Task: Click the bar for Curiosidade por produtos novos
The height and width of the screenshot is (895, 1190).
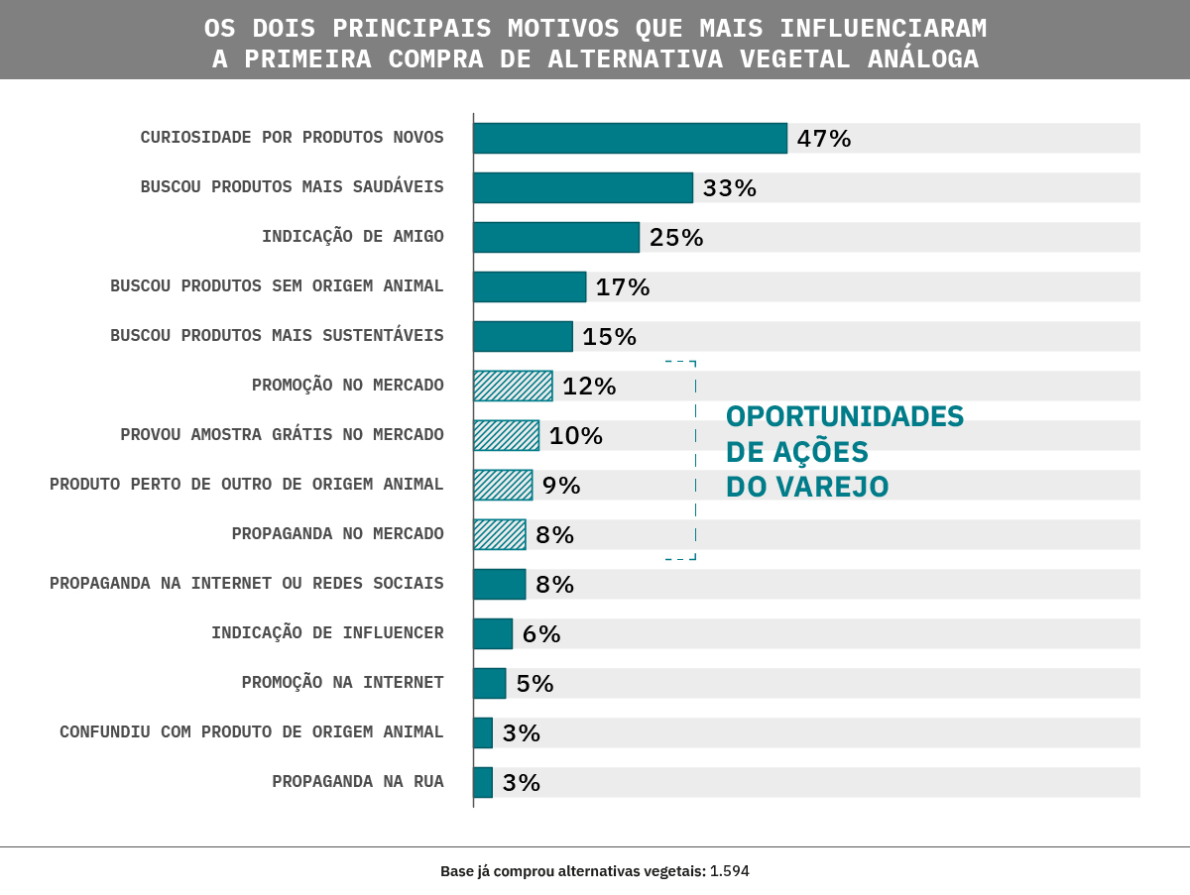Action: (630, 138)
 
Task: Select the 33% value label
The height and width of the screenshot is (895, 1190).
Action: (729, 187)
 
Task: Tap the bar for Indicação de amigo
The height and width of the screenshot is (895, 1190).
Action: (556, 237)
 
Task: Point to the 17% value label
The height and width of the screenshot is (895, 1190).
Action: (622, 286)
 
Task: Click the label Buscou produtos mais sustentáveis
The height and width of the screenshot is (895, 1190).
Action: (277, 336)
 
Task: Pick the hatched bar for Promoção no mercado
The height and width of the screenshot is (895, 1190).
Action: (513, 386)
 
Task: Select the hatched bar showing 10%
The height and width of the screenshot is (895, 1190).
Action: (506, 435)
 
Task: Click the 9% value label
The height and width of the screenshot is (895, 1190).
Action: (560, 485)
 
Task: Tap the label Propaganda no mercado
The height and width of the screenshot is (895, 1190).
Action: (337, 534)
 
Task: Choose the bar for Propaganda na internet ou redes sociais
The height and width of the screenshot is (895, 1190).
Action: (499, 584)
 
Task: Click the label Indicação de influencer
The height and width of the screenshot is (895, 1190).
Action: (327, 633)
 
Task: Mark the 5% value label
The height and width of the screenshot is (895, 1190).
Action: (535, 683)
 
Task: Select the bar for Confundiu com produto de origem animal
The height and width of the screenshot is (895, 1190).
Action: (483, 732)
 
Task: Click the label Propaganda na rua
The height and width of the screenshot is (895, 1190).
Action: (357, 782)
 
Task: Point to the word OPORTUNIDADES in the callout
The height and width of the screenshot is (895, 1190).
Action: (845, 416)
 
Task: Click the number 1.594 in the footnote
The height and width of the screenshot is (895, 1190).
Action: (730, 871)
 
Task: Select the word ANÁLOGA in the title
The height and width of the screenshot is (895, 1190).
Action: (923, 59)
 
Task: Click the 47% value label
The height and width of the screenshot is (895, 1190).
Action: (823, 138)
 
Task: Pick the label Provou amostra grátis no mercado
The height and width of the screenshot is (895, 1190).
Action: (282, 435)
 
